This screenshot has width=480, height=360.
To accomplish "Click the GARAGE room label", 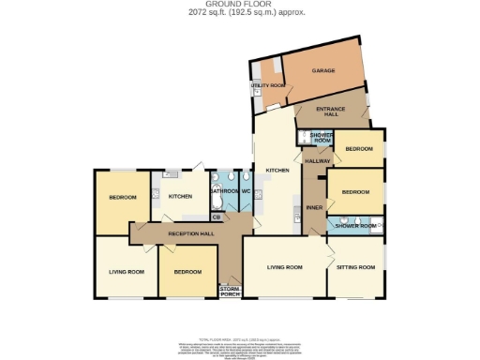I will click(324, 70).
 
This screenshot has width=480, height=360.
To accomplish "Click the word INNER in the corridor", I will click(314, 206).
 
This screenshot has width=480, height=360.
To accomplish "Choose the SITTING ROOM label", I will click(356, 267).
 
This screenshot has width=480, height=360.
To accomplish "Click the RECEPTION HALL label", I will click(191, 232).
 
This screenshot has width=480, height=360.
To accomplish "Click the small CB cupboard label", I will click(216, 217).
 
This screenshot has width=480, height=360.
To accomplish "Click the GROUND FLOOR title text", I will click(239, 5).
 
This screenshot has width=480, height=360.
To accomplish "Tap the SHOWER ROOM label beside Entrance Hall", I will click(322, 137).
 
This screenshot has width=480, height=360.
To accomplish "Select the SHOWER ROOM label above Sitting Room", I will click(356, 226).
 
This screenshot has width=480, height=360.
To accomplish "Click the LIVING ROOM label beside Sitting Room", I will click(285, 267).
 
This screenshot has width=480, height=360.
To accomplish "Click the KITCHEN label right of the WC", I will click(277, 170).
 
